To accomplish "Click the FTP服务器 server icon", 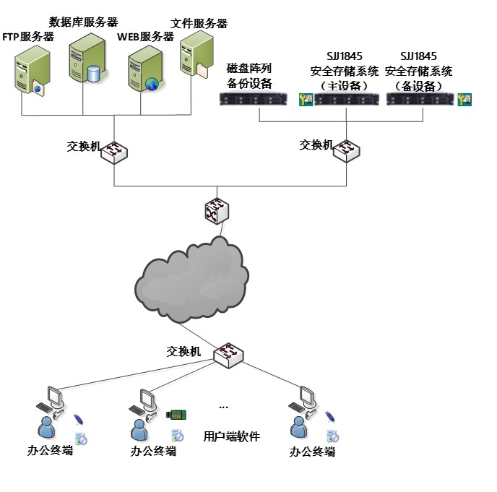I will coord(26,70).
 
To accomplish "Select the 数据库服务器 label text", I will coord(82,22).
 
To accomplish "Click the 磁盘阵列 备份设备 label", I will coord(249,75).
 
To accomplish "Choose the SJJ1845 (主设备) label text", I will coord(345,71).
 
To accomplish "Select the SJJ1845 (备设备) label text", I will coord(419,71).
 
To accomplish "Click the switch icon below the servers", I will coord(114,152).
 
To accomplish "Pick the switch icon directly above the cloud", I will coord(217,210).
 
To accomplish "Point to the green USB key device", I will coord(178,415).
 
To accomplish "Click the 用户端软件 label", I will coord(231,436).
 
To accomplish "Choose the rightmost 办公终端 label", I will coord(312,452).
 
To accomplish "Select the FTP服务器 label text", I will coord(28,36).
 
